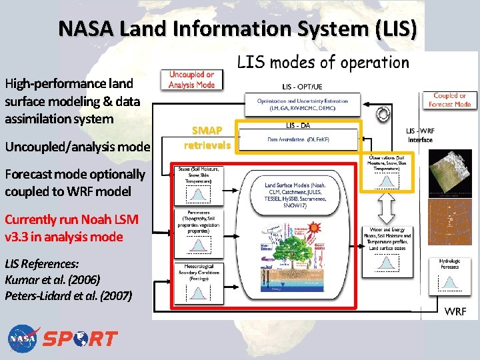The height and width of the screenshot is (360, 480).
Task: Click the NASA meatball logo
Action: (24, 339)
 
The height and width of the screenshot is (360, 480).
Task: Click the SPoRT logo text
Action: (81, 339)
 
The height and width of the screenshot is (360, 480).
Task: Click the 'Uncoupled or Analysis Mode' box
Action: (191, 80)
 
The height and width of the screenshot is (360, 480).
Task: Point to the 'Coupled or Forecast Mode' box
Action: (450, 100)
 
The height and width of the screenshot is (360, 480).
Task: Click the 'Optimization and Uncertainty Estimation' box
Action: (298, 104)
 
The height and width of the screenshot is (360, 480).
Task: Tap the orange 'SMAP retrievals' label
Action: (207, 138)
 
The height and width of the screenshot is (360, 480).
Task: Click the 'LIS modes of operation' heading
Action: (323, 63)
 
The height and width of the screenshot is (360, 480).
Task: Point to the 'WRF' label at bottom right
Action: (455, 311)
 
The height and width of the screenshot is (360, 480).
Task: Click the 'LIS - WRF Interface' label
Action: (421, 135)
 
